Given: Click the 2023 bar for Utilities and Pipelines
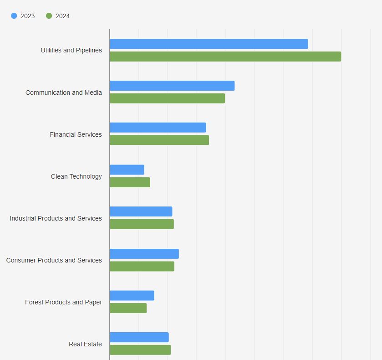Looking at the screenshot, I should (209, 44).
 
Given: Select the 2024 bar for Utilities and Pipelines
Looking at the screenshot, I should (225, 57).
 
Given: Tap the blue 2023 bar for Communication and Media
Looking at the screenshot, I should (172, 86).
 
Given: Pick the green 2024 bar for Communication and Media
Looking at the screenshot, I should (167, 98).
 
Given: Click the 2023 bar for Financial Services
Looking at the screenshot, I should (158, 128).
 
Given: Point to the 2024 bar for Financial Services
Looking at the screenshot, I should (159, 140).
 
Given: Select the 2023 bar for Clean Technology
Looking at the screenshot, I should (127, 170).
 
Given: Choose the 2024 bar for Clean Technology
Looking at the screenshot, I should (130, 182).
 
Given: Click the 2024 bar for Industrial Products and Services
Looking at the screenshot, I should (142, 224).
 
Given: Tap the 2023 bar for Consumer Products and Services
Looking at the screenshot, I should (144, 254).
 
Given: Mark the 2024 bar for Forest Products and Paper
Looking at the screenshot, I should (128, 308).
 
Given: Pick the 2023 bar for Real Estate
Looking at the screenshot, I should (139, 337).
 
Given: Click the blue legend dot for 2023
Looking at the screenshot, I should (14, 16).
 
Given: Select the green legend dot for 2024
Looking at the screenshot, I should (49, 16).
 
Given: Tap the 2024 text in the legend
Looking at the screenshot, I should (63, 16).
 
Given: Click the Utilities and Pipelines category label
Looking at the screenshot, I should (71, 50).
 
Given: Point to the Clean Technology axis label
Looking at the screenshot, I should (76, 176).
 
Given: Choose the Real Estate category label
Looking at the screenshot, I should (85, 344).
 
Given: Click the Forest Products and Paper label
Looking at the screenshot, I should (64, 302).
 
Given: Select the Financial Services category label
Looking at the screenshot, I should (76, 134).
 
